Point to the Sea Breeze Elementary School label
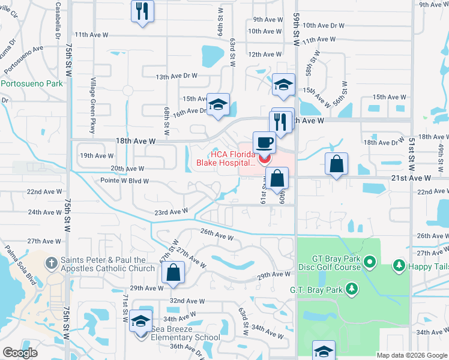(x=185, y=337)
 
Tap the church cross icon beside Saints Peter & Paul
(x=52, y=262)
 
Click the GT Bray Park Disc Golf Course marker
(x=370, y=262)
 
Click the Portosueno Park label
(x=32, y=84)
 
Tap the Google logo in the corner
(x=20, y=353)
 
